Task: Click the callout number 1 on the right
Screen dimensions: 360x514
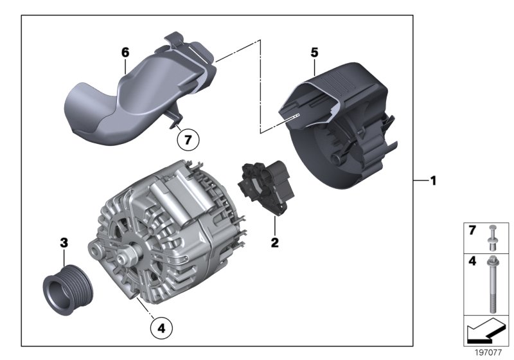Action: (x=433, y=182)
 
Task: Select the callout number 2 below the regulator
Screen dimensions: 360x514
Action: (x=274, y=242)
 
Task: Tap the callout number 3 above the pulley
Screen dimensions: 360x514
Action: (x=64, y=242)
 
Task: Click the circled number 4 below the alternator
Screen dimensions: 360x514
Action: (x=161, y=328)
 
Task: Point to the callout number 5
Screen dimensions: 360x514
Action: (x=314, y=51)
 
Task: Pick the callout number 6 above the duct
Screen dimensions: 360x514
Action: (x=125, y=51)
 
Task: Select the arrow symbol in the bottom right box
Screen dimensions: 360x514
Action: (x=485, y=330)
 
